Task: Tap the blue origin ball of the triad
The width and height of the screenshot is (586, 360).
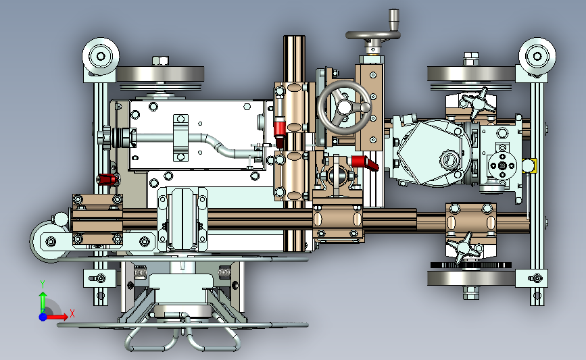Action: click(x=43, y=317)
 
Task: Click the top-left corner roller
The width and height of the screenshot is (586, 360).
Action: click(x=101, y=56)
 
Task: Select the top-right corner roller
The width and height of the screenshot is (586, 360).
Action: click(x=537, y=56)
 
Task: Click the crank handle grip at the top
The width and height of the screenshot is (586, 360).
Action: click(x=394, y=20)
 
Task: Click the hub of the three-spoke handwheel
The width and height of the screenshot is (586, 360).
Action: click(x=344, y=107)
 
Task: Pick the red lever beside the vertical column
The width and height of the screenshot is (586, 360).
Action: click(x=280, y=132)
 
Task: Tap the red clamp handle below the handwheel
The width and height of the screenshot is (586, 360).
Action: click(x=365, y=163)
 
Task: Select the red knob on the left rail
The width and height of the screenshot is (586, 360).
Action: click(x=107, y=179)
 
